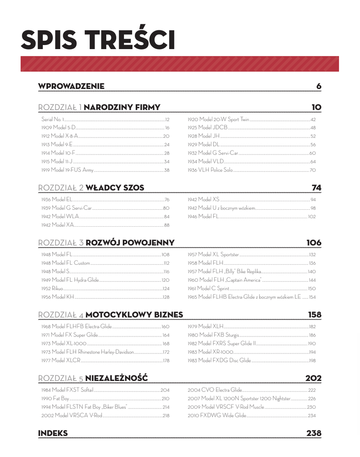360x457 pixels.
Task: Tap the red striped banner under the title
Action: (179, 64)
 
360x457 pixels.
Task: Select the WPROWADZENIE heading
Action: (71, 86)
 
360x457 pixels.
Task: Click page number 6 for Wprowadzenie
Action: (319, 86)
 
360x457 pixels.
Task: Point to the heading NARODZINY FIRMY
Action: (122, 107)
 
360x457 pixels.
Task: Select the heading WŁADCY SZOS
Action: (115, 188)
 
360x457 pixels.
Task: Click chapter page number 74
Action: (316, 188)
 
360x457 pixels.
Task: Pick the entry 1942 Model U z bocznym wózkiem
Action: (221, 208)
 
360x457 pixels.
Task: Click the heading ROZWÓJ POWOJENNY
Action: (130, 243)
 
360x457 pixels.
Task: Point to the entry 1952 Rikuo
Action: (52, 288)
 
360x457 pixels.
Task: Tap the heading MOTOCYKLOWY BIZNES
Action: (134, 315)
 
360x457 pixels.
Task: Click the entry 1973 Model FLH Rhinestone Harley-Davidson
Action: (87, 352)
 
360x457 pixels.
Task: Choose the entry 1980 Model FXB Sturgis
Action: (213, 335)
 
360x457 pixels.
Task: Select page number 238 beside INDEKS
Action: (314, 433)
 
